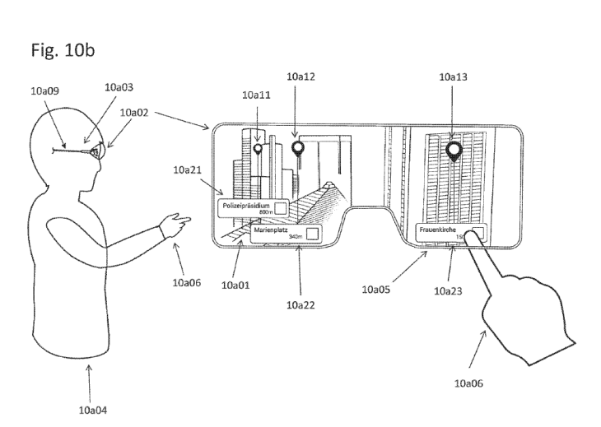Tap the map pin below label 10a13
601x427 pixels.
453,150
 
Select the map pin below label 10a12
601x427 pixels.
298,149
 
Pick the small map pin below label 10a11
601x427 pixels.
259,149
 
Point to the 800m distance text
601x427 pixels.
264,212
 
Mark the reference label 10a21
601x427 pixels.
189,169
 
